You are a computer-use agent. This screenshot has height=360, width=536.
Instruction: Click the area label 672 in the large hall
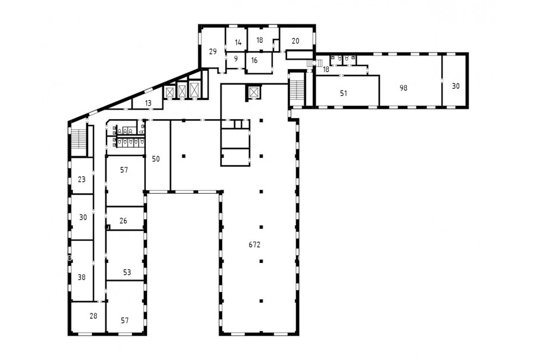tap(254, 245)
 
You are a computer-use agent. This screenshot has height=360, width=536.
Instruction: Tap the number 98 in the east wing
tap(403, 88)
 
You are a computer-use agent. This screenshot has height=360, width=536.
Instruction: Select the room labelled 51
tap(344, 93)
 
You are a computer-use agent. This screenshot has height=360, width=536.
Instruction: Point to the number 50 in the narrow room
tap(155, 159)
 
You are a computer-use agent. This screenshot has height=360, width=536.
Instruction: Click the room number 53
tap(127, 272)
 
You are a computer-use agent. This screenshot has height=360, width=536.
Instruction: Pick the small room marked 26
tap(123, 221)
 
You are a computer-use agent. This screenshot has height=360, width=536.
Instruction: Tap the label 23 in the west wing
tap(82, 179)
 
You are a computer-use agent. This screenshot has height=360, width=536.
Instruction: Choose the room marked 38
tap(82, 277)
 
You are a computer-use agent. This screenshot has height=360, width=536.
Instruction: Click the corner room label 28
tap(94, 316)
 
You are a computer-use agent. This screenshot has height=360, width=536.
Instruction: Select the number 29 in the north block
tap(213, 52)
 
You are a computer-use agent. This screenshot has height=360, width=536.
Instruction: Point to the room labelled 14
tap(238, 42)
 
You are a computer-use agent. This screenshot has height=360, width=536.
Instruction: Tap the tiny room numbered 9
tap(236, 59)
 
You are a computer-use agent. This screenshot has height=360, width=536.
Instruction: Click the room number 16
tap(254, 61)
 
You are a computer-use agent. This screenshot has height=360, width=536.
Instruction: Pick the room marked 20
tap(295, 41)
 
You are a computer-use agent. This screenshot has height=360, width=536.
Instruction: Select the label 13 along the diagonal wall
tap(148, 103)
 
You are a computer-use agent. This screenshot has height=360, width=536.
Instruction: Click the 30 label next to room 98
tap(456, 86)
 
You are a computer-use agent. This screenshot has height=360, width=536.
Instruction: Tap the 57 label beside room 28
tap(124, 321)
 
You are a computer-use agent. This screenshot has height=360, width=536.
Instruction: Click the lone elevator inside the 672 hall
tap(254, 92)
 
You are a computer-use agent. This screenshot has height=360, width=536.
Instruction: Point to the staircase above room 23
tap(78, 138)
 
